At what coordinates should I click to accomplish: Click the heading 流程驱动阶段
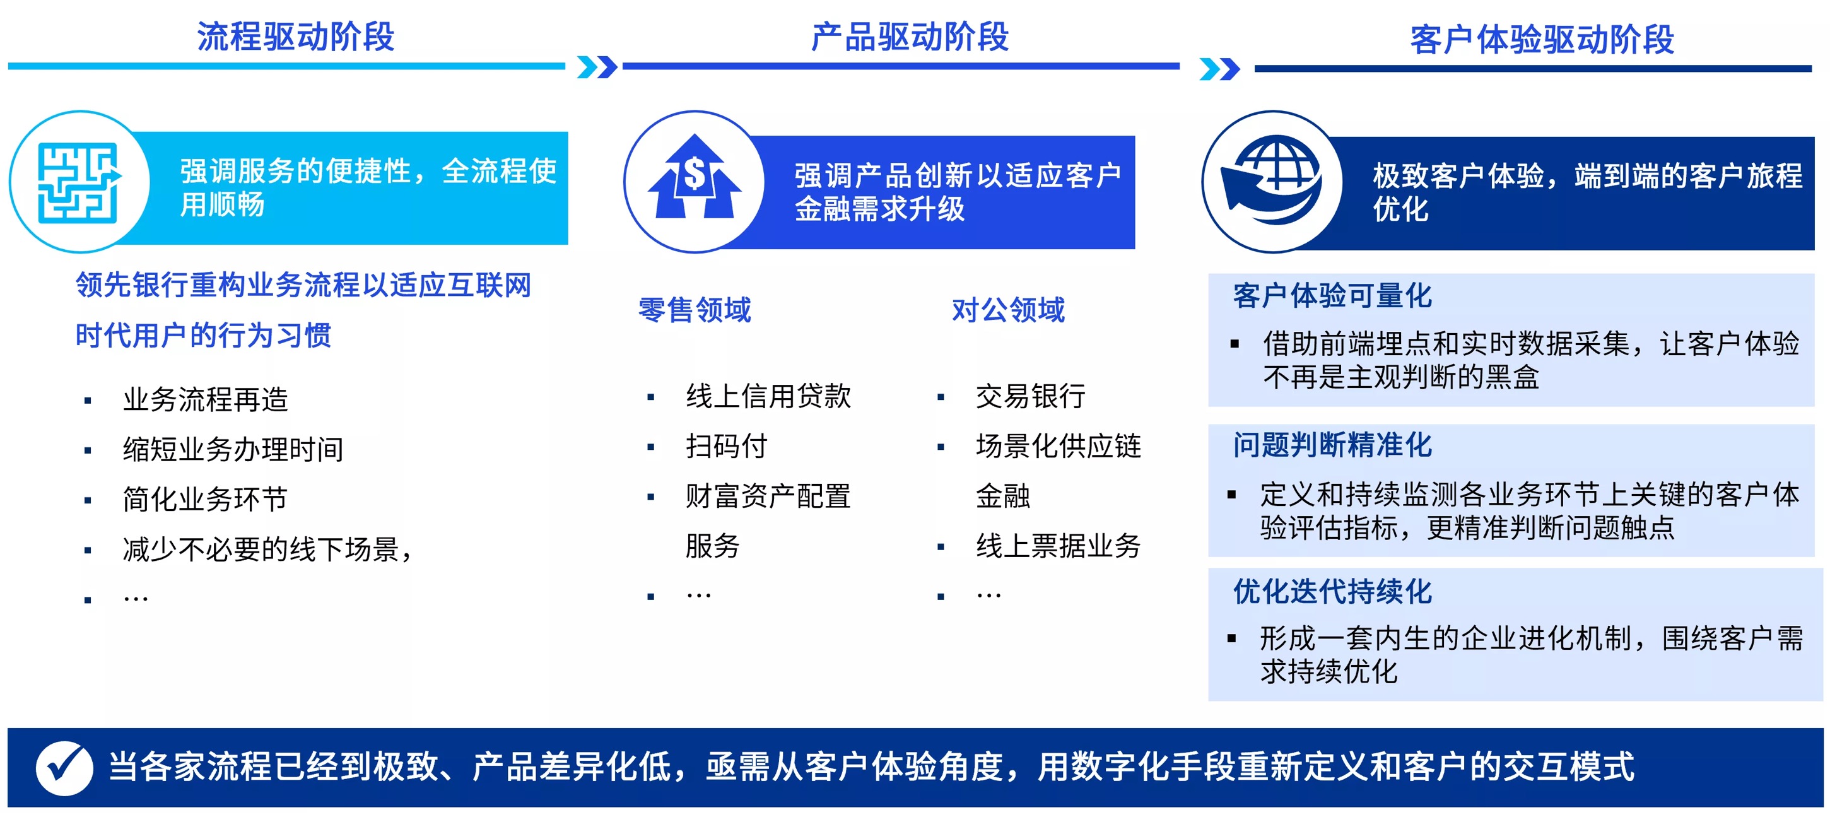point(295,37)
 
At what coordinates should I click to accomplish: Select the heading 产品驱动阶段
point(910,37)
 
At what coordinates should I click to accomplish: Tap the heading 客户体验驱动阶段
point(1542,40)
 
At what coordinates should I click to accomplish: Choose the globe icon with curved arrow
point(1271,180)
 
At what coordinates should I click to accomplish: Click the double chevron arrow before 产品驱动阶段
point(597,67)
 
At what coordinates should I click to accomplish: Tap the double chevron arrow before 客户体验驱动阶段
point(1219,69)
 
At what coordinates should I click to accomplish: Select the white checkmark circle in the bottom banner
point(64,768)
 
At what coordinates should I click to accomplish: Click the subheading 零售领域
point(694,310)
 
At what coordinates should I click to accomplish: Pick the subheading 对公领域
point(1008,310)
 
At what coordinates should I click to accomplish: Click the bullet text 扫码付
point(726,446)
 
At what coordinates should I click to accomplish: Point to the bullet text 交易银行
point(1031,396)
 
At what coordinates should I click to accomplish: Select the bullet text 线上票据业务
point(1058,546)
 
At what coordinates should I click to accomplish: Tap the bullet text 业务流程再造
point(205,399)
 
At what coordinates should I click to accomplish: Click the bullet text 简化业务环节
point(204,498)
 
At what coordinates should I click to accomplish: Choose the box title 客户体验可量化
point(1332,295)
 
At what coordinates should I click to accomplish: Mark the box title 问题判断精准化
point(1332,445)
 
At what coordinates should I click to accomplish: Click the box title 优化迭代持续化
point(1332,591)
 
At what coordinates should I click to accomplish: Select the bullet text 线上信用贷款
point(768,396)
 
